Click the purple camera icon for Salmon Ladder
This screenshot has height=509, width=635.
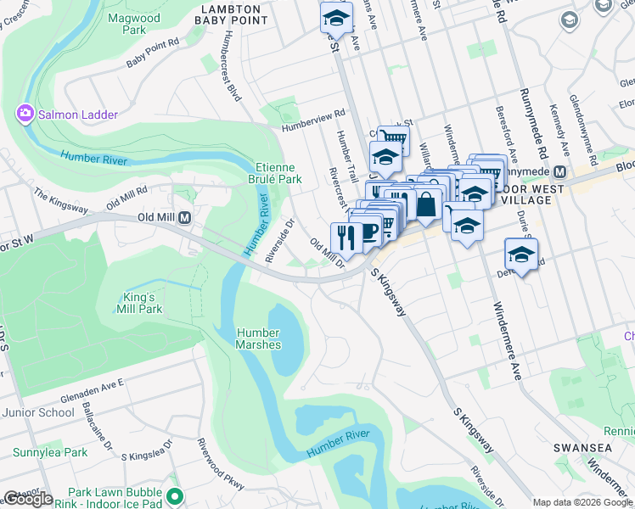click(25, 113)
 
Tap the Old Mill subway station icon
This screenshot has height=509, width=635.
click(184, 218)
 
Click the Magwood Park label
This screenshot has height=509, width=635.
click(140, 23)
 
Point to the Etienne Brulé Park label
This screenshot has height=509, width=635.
click(278, 173)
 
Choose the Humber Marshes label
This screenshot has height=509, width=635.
click(259, 338)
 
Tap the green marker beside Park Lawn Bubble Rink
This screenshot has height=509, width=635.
click(176, 495)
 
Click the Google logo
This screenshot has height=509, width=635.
click(28, 499)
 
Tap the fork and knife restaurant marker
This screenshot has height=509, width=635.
click(345, 236)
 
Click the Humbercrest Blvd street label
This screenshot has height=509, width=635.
click(229, 67)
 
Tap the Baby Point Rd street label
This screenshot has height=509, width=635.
click(153, 53)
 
